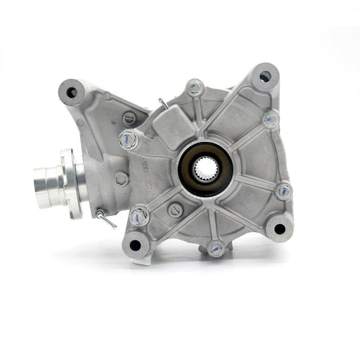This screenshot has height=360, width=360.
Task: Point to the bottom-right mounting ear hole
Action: coord(279,228)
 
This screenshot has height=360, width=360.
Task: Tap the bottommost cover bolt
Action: coord(216,247)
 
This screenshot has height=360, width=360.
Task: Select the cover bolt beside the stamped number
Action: coord(129,139)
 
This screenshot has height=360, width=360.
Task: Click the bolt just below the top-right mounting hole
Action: coord(271,119)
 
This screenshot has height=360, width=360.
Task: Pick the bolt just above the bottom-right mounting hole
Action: coord(283,190)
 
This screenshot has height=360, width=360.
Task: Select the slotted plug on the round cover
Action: coord(176,209)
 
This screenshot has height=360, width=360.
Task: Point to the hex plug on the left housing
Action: coord(120,179)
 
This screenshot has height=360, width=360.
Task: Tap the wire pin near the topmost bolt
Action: coord(164,103)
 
